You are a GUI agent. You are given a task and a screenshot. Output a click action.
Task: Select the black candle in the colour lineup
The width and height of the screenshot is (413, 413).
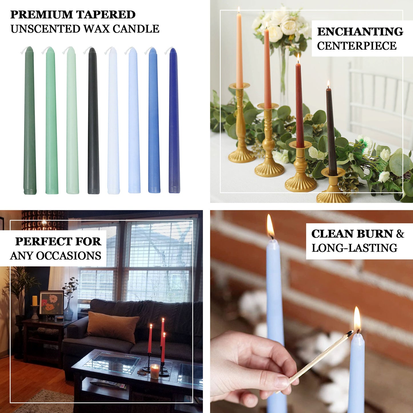click(x=93, y=120)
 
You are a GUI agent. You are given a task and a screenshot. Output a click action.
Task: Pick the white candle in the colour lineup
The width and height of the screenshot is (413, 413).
click(x=113, y=120)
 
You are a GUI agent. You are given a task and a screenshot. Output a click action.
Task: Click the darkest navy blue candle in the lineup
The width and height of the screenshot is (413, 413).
click(x=174, y=120)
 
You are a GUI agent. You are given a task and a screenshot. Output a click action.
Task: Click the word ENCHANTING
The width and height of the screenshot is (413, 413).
click(x=360, y=31)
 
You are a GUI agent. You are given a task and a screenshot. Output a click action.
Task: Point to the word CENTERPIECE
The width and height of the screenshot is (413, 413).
click(x=356, y=46)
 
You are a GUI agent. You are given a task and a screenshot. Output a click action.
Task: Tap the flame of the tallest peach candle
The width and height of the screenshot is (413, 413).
click(x=238, y=10)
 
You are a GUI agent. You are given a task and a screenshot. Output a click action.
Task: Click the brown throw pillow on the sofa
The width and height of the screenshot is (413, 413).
click(x=113, y=326)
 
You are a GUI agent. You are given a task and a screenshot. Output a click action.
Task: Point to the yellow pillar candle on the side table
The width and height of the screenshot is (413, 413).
click(x=35, y=301)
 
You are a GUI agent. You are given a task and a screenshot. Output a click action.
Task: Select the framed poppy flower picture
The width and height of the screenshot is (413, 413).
click(x=51, y=303)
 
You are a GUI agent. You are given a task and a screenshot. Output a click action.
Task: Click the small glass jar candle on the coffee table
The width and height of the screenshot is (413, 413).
click(x=155, y=371)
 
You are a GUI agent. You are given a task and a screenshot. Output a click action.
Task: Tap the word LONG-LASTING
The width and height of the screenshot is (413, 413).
click(x=354, y=248)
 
